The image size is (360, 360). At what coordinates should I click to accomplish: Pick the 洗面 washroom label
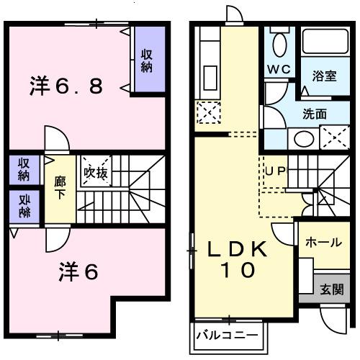click(x=315, y=113)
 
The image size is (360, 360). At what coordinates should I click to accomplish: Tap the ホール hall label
click(x=323, y=242)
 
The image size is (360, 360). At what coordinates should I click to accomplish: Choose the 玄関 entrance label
click(x=332, y=290)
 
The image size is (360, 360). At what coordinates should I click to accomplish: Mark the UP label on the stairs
click(x=276, y=171)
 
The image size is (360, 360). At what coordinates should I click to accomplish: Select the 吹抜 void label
click(x=95, y=172)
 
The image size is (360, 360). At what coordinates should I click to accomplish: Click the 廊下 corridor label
click(x=60, y=189)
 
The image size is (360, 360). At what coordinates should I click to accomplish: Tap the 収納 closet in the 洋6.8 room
click(x=147, y=60)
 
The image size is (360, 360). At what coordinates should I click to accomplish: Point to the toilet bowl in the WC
click(x=279, y=45)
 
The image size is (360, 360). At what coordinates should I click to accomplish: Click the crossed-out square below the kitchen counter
click(x=207, y=111)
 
